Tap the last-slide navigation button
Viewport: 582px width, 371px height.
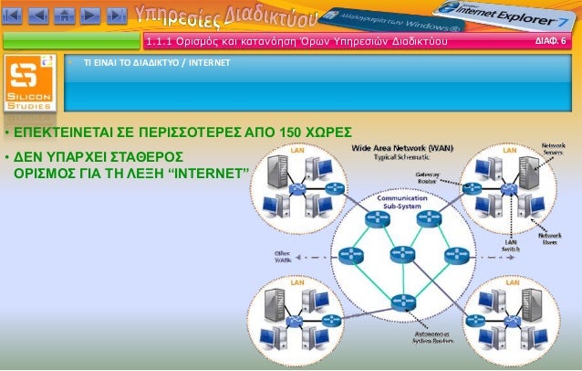[116, 15]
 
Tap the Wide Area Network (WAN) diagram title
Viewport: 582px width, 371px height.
[402, 147]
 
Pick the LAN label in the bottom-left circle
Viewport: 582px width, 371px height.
[296, 282]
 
